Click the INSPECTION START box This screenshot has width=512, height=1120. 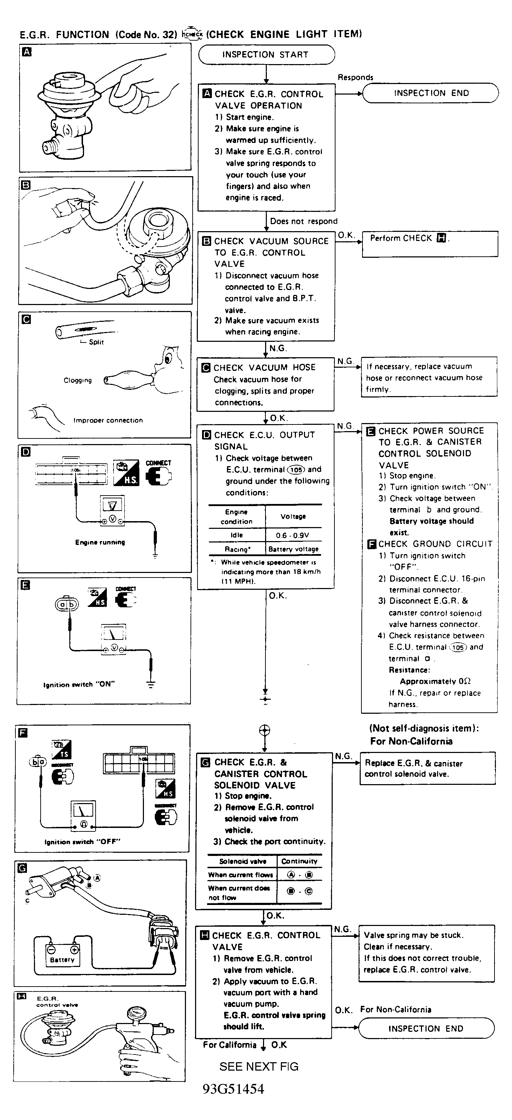coord(266,55)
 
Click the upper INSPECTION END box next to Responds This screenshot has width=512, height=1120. coord(430,93)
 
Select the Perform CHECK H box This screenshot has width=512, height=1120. coord(429,243)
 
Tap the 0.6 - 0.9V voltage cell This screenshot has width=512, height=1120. coord(292,535)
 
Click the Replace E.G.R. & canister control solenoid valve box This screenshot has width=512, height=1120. coord(427,769)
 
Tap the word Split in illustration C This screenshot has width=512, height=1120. coord(96,342)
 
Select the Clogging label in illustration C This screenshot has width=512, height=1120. coord(78,380)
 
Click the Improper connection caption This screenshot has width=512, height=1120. coord(108,420)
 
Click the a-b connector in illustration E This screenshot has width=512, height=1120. coord(67,604)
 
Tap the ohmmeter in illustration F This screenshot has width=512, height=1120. coord(82,816)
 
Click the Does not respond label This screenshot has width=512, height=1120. coord(303,221)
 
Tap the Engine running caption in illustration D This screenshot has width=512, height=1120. coord(100,542)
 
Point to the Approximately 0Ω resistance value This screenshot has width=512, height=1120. coord(435,681)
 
